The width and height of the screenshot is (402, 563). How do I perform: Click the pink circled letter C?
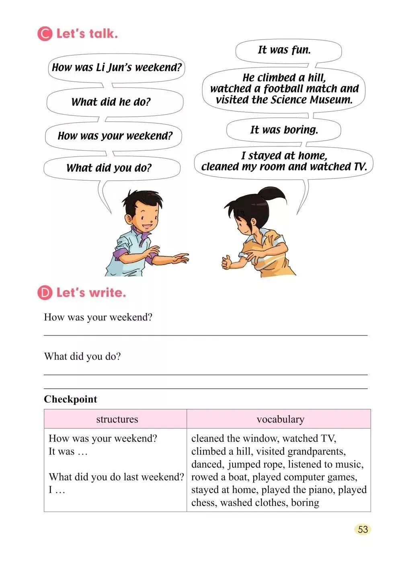45,34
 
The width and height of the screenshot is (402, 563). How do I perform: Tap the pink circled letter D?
45,292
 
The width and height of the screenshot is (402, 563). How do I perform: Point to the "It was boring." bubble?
284,129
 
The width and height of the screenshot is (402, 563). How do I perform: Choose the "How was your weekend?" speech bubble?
115,136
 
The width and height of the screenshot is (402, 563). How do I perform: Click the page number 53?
363,529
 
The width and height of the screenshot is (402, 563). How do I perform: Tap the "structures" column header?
117,419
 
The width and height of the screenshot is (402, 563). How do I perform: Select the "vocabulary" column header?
280,419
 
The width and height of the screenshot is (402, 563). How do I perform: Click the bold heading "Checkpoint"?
70,399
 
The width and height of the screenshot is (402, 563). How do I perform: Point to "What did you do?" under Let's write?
82,356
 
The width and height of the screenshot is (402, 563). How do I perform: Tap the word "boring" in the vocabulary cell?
305,503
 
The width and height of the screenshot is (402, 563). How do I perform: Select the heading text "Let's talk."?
87,34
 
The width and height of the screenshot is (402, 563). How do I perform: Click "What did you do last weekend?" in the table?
116,477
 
